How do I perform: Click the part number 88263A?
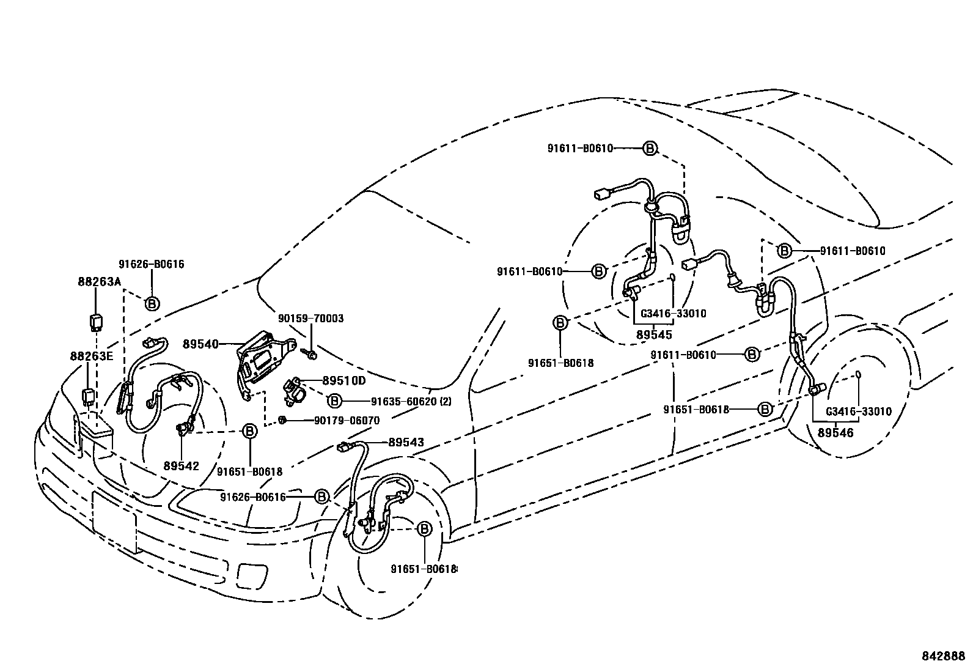[x=99, y=281]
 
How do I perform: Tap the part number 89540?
[x=200, y=344]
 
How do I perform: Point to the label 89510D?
[x=343, y=381]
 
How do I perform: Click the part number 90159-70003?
[x=310, y=319]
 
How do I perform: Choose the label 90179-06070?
[x=347, y=421]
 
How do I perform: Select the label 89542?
[x=182, y=465]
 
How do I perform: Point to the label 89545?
[x=654, y=334]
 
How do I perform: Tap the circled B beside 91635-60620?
[x=334, y=401]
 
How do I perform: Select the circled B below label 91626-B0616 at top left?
[x=152, y=303]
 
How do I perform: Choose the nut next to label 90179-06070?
[x=283, y=419]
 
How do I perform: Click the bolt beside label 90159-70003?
[x=309, y=353]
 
